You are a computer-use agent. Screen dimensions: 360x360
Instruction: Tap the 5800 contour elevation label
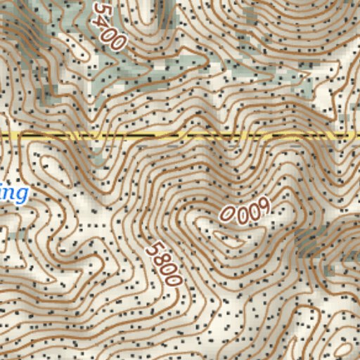[x=165, y=263]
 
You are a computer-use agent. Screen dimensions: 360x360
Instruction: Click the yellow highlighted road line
[x=180, y=135]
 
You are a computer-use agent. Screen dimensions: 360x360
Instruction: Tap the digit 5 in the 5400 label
[x=100, y=11]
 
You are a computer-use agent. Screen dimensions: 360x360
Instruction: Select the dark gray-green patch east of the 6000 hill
[x=307, y=243]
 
